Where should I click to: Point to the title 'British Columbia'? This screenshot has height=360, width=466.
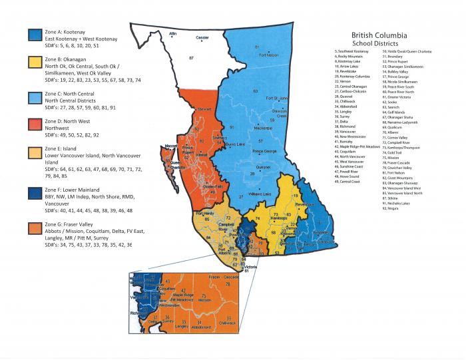(x=381, y=36)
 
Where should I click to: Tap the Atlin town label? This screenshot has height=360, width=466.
(x=173, y=33)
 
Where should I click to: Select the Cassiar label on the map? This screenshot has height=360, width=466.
(x=203, y=38)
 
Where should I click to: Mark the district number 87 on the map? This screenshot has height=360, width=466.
(x=191, y=59)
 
